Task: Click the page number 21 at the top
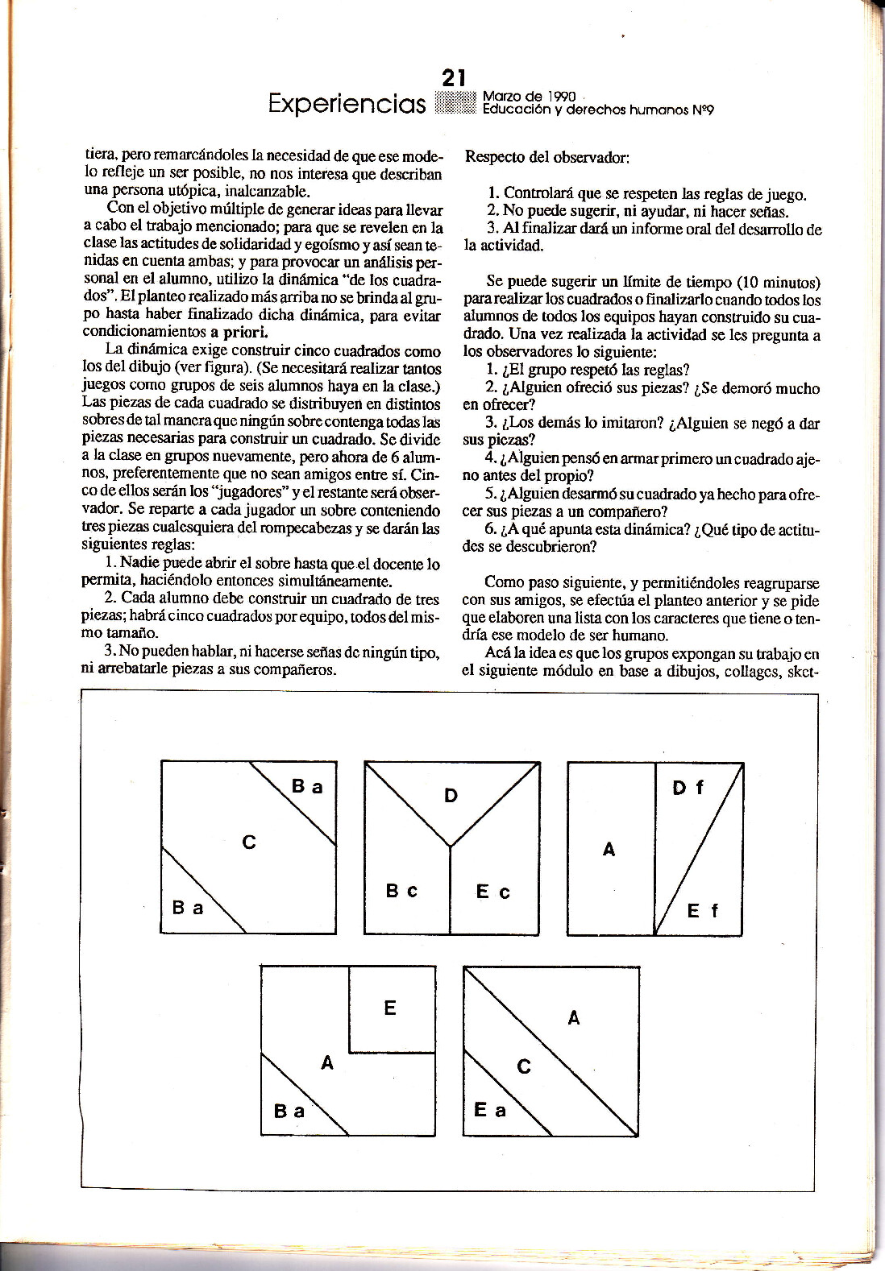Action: tap(454, 78)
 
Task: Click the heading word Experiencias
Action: tap(347, 104)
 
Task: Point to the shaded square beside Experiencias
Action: tap(455, 103)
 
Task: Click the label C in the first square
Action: tap(249, 843)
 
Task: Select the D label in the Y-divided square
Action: tap(451, 796)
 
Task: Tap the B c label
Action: tap(401, 891)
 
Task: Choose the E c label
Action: tap(492, 892)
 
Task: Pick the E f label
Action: tap(702, 911)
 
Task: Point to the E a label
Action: tap(489, 1110)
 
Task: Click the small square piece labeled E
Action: tap(391, 1008)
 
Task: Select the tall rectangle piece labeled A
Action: tap(610, 849)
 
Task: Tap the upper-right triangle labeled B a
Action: tap(306, 786)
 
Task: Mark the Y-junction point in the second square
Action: tap(451, 847)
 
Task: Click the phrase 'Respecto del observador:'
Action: tap(546, 157)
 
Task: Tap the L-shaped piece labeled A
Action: tap(326, 1063)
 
